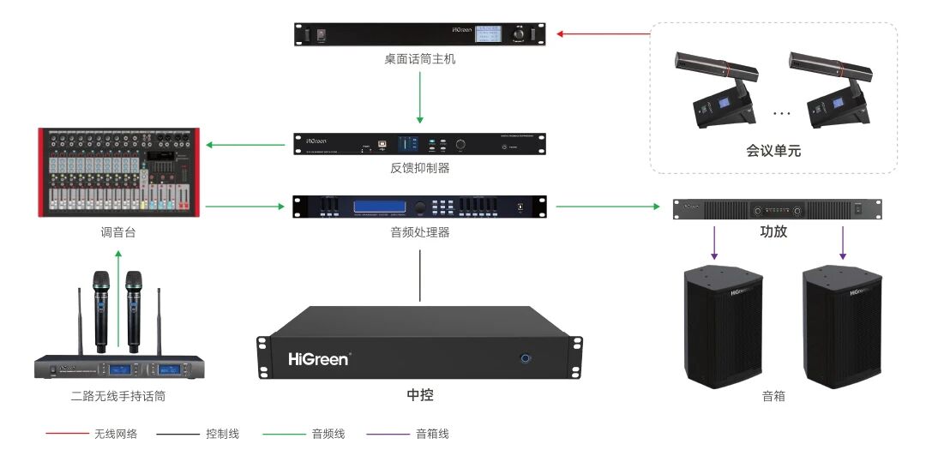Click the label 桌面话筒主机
[420, 61]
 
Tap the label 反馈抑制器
[420, 168]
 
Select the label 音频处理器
[420, 232]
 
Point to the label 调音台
[118, 232]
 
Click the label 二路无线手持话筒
[118, 396]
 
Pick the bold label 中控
[420, 395]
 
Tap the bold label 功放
[773, 231]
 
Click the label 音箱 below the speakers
[773, 396]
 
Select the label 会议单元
[773, 152]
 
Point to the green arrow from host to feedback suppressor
[420, 97]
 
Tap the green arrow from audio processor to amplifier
[612, 207]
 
